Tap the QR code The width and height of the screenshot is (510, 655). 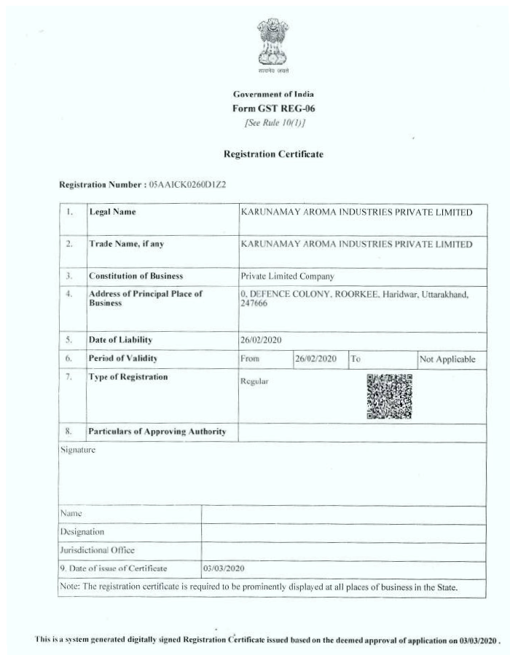pos(389,396)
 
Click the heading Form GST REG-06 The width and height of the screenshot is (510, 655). pos(273,108)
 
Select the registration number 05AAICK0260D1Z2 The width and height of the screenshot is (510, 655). pos(187,184)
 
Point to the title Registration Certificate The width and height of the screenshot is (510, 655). pos(273,154)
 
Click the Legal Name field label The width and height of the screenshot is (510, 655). pos(112,212)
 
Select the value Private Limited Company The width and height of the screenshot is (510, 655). pos(287,277)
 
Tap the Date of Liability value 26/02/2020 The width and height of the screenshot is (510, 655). pos(261,340)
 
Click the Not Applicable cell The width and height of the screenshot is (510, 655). pos(447,359)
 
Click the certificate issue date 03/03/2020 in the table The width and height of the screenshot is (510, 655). pos(224,568)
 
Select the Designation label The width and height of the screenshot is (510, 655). pos(82,532)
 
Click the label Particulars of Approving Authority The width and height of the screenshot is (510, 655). pos(157,432)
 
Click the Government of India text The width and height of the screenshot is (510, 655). pos(273,95)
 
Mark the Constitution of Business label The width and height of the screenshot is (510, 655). pos(136,277)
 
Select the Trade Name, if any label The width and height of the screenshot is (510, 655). pos(126,244)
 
